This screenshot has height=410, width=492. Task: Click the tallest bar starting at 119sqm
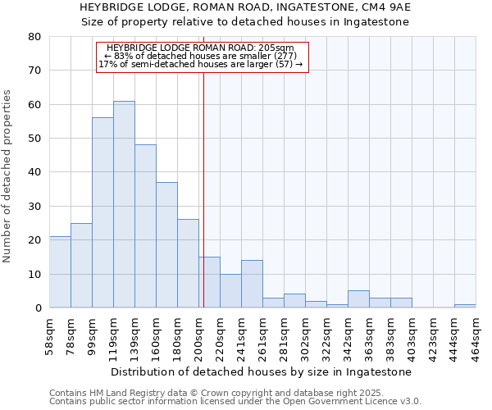[124, 205]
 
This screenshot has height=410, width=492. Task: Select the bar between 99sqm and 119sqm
[102, 213]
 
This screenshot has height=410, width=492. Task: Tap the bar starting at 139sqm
[145, 226]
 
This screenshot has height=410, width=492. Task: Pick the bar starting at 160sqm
[166, 245]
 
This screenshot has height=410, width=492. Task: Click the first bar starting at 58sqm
[60, 272]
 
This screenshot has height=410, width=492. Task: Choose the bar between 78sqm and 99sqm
[81, 266]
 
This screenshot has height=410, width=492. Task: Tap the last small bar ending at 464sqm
[465, 306]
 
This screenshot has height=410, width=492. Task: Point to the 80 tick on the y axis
[34, 37]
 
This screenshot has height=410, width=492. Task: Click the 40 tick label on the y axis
[34, 172]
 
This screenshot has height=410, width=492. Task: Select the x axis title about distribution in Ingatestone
[261, 372]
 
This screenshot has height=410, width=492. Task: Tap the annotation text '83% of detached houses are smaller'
[201, 56]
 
